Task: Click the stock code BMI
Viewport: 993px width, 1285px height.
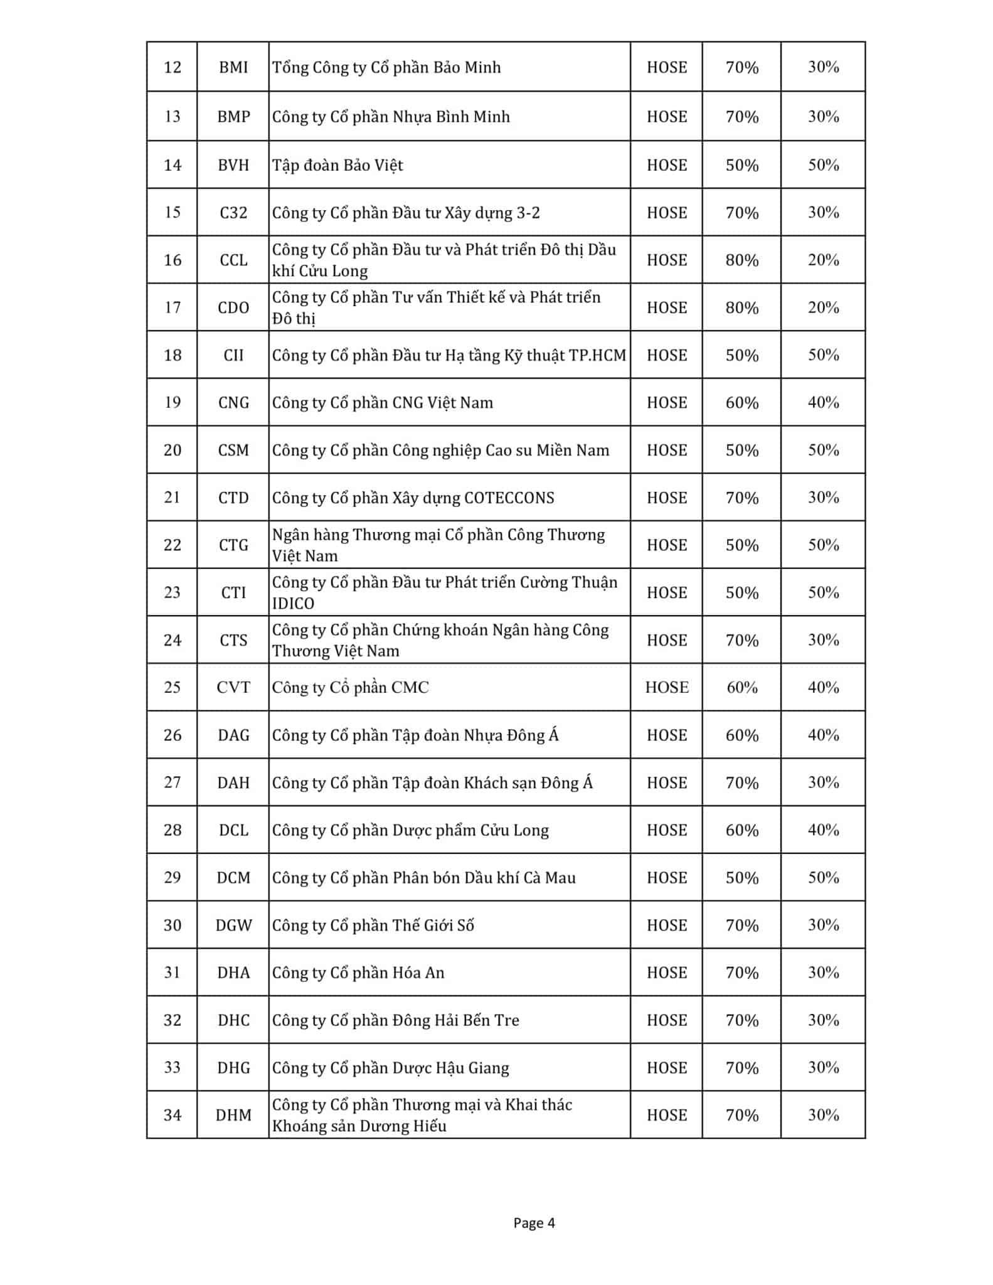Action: [x=233, y=67]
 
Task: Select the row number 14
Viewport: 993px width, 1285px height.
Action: [x=172, y=165]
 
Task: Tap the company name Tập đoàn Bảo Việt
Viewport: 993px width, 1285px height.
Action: [x=337, y=166]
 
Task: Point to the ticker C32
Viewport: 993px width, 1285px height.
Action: [x=233, y=213]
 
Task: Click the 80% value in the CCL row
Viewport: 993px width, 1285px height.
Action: [x=741, y=260]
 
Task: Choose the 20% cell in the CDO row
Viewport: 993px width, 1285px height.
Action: [x=823, y=307]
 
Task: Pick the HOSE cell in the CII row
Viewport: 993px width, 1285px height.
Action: [x=666, y=355]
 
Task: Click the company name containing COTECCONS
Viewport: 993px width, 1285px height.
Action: [x=413, y=498]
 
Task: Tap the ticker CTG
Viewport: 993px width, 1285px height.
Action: [x=233, y=545]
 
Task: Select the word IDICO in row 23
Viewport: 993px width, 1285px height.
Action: [x=293, y=604]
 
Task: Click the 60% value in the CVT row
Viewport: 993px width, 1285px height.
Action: [x=741, y=688]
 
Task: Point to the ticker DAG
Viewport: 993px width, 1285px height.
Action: [x=233, y=735]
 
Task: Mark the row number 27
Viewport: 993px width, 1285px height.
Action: [x=172, y=782]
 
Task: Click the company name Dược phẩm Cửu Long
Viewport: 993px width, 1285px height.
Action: [x=410, y=831]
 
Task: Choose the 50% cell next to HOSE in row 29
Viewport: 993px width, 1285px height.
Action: [x=741, y=878]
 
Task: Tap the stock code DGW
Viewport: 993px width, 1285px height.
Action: [x=233, y=925]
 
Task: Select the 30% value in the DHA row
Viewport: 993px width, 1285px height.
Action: [x=823, y=973]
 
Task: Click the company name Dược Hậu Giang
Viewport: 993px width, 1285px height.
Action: [x=390, y=1068]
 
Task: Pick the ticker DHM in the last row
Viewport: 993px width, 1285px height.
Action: [x=233, y=1116]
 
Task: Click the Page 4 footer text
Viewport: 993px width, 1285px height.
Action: [x=534, y=1223]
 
